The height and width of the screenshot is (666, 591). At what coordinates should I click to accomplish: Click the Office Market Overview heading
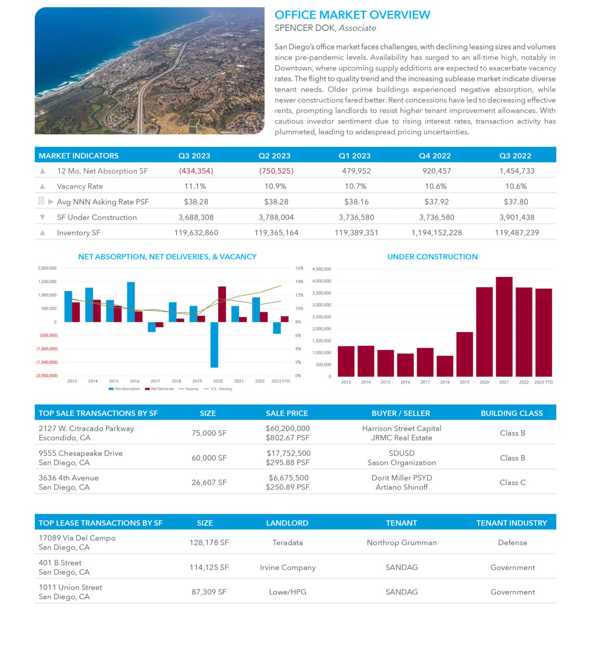pos(352,15)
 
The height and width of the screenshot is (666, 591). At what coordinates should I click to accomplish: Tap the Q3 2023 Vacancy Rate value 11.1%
pos(195,186)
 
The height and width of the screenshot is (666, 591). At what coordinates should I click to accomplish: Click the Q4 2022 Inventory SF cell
pos(436,233)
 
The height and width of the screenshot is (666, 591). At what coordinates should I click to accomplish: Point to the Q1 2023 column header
pos(354,156)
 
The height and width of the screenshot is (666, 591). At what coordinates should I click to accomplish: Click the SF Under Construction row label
pos(97,217)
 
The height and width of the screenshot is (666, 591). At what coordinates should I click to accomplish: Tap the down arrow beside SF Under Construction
pos(43,217)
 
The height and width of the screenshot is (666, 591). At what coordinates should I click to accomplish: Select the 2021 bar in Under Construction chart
pos(504,326)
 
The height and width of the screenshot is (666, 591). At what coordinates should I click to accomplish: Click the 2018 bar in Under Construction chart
pos(444,366)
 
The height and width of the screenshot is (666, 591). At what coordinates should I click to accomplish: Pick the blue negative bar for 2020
pos(214,344)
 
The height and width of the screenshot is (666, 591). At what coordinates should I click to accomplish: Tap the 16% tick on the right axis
pos(299,268)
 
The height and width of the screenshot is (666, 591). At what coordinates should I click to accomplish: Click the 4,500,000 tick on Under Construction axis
pos(321,270)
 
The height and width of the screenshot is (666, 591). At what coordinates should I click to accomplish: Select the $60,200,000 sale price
pos(287,428)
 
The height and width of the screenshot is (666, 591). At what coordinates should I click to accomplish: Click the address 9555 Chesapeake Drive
pos(81,453)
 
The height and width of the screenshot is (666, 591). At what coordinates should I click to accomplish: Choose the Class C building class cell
pos(512,482)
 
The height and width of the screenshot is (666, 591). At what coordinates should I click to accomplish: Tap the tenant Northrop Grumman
pos(401,543)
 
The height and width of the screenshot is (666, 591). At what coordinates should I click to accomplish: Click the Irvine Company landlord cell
pos(287,568)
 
